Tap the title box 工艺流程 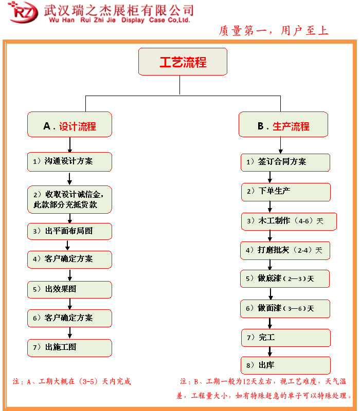tap(183, 62)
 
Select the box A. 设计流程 tap(69, 125)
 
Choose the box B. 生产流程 tap(283, 125)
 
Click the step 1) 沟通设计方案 tap(69, 161)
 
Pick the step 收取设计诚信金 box tap(69, 199)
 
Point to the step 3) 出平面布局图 tap(69, 231)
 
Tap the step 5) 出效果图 tap(69, 289)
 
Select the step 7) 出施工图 tap(69, 347)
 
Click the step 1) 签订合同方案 tap(285, 162)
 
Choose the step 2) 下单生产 tap(286, 192)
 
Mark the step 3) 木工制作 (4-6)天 tap(289, 221)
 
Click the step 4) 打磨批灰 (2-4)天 tap(285, 250)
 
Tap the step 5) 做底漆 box tap(285, 278)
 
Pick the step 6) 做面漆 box tap(285, 308)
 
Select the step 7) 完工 tap(286, 338)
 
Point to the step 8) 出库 tap(286, 366)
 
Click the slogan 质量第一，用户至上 tap(274, 31)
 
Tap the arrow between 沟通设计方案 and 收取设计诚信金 tap(69, 178)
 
